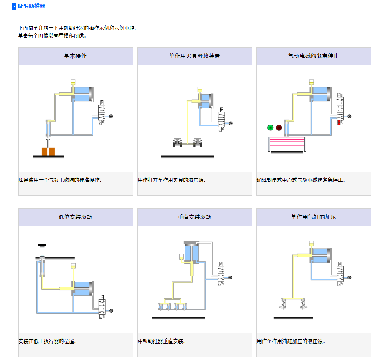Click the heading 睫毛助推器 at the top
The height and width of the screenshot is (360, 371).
32,6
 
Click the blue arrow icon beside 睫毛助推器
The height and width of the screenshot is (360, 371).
14,7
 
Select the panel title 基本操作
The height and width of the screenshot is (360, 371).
75,56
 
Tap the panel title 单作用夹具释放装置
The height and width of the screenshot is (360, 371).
194,56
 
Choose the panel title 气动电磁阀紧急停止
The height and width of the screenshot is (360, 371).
314,56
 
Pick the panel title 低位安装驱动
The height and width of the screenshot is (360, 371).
75,217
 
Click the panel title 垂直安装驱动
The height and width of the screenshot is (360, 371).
194,217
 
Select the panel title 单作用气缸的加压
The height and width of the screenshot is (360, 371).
314,217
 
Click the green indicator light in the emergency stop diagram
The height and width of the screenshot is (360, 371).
270,127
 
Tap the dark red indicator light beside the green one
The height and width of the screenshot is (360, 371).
279,127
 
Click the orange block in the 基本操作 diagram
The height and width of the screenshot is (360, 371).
48,151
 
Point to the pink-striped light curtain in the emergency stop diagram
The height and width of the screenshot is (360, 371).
286,144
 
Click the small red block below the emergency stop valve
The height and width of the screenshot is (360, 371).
339,123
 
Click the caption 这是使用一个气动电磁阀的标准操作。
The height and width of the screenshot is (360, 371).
60,180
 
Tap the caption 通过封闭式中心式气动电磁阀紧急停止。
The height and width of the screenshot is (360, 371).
301,180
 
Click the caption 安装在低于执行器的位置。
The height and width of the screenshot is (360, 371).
47,341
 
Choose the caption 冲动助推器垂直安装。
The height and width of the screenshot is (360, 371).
162,341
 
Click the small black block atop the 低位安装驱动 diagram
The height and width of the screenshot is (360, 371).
42,245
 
